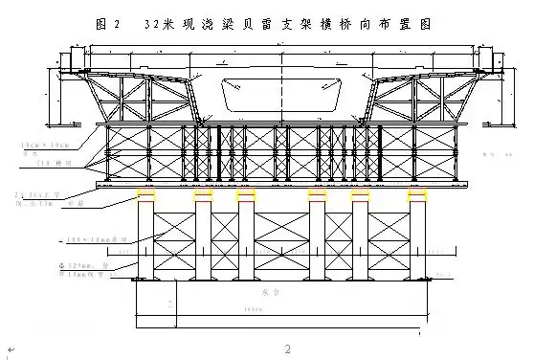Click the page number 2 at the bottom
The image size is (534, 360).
[x=286, y=346]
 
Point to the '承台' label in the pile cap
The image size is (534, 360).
[x=268, y=285]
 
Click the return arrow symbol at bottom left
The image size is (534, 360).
[x=10, y=349]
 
